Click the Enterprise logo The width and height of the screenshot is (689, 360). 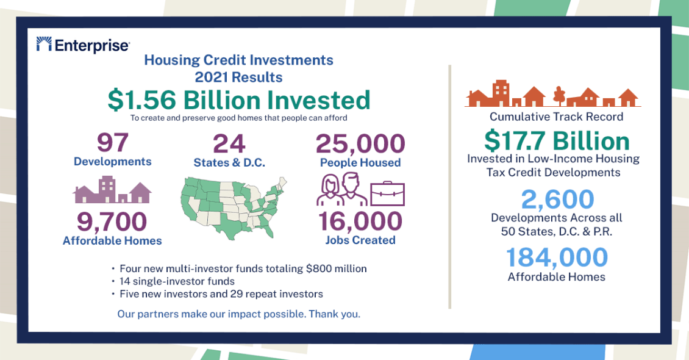click(83, 45)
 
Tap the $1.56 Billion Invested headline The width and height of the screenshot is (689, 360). click(239, 100)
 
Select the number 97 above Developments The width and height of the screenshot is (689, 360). click(112, 142)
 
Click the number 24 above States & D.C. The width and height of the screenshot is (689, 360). click(229, 144)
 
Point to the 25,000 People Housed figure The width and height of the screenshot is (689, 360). click(360, 144)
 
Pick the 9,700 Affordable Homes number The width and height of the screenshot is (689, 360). click(112, 221)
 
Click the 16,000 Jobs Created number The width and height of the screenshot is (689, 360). click(360, 221)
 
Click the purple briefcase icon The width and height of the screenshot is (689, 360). click(387, 193)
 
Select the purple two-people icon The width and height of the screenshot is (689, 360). click(342, 189)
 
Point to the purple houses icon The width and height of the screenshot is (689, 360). click(112, 190)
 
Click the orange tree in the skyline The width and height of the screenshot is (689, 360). click(559, 96)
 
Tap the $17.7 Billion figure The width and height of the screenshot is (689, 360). click(557, 141)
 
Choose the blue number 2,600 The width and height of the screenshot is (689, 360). click(557, 199)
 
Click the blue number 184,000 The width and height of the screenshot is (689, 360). click(557, 257)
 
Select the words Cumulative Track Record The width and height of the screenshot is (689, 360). click(556, 117)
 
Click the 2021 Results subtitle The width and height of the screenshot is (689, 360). click(238, 77)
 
